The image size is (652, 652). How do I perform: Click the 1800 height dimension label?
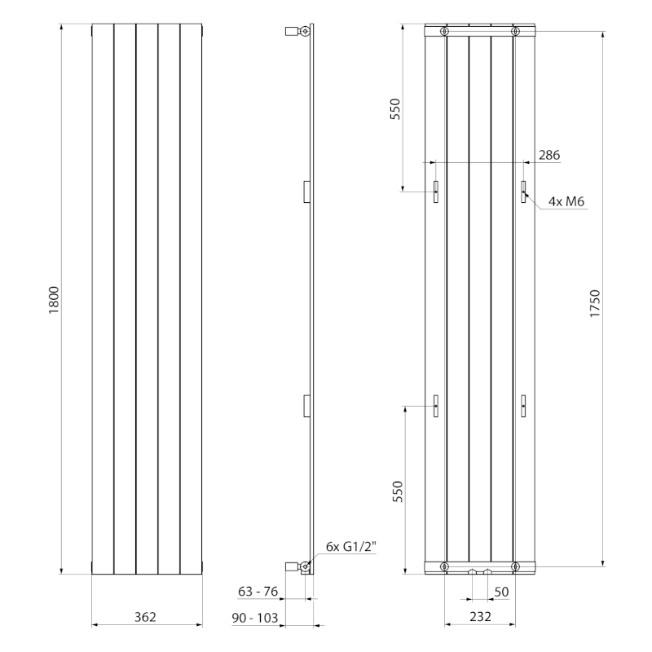pyautogui.click(x=54, y=300)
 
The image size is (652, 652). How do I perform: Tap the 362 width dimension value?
pyautogui.click(x=145, y=617)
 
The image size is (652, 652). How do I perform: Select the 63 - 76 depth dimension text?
pyautogui.click(x=258, y=592)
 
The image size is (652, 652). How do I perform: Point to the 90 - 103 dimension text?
pyautogui.click(x=254, y=618)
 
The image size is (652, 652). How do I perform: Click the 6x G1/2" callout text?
pyautogui.click(x=351, y=546)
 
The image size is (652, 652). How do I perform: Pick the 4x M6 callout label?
pyautogui.click(x=566, y=201)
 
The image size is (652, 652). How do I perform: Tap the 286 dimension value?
pyautogui.click(x=549, y=155)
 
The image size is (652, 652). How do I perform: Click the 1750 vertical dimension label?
pyautogui.click(x=595, y=303)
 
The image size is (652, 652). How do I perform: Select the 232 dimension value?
pyautogui.click(x=480, y=617)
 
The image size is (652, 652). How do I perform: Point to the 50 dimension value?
pyautogui.click(x=501, y=592)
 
